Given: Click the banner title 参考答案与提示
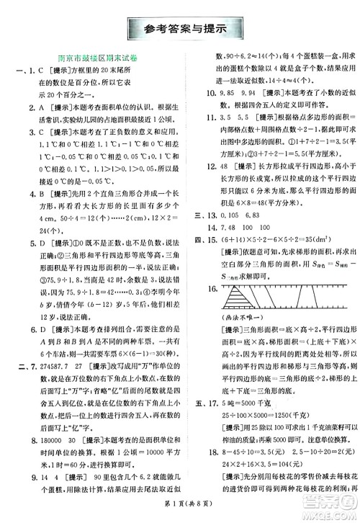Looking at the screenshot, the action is pos(180,30).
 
